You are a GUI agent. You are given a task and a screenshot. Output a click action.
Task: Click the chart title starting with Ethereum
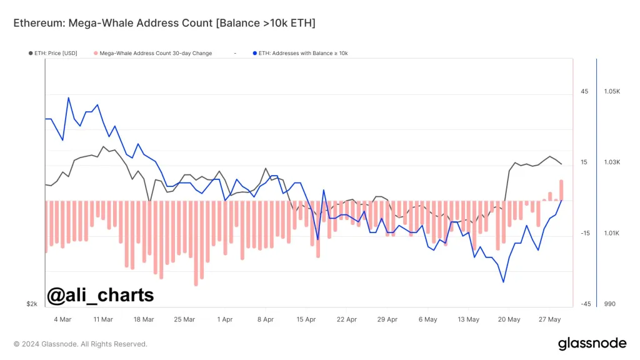click(x=164, y=23)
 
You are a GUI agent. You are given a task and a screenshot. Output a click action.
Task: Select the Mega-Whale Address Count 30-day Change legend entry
click(x=152, y=53)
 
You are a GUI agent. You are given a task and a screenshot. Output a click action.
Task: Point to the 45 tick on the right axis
click(x=584, y=92)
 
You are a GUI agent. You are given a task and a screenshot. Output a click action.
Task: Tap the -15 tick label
click(x=585, y=234)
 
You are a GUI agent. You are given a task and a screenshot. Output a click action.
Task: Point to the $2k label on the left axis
click(x=32, y=304)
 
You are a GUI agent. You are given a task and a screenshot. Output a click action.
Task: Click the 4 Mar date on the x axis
click(x=62, y=319)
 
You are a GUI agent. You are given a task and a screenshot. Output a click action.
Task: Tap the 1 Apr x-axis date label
click(x=225, y=319)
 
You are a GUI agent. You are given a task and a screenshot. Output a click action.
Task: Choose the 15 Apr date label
click(x=306, y=319)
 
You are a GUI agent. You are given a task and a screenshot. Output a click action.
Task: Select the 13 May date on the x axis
click(x=469, y=319)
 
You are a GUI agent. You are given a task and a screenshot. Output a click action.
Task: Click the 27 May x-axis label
click(x=550, y=319)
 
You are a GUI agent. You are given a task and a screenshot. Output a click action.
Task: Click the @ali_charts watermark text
click(x=101, y=295)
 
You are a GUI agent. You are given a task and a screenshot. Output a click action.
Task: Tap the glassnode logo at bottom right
click(x=592, y=343)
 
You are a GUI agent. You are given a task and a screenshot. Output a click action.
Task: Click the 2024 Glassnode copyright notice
click(x=81, y=344)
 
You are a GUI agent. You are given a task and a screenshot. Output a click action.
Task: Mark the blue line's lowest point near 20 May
click(x=503, y=282)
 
